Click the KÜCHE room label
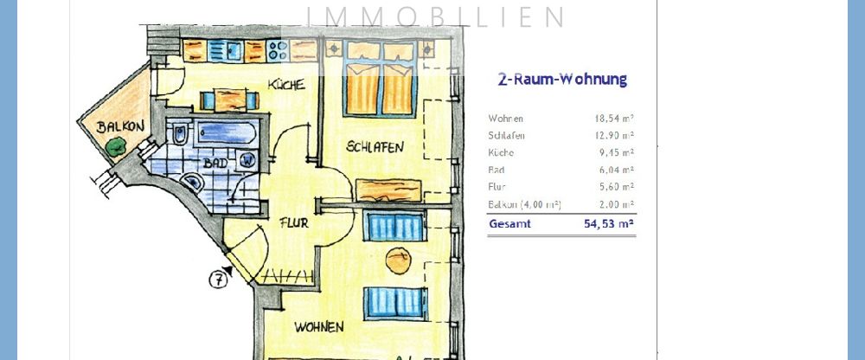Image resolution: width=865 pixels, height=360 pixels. (x=285, y=85)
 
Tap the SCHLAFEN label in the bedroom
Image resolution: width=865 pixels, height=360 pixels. (x=375, y=147)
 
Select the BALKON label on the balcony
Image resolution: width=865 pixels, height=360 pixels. (x=119, y=126)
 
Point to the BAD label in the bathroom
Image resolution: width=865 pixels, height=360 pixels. (x=215, y=162)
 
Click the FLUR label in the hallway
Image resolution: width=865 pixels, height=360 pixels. (x=294, y=222)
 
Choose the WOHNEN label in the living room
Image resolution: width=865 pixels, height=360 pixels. (x=318, y=327)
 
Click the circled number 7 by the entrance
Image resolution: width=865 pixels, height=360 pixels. (x=220, y=279)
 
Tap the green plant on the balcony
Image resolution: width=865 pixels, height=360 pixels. (x=114, y=149)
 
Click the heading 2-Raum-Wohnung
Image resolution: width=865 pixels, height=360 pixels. (x=561, y=80)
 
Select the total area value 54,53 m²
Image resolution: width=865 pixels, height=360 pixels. (x=609, y=224)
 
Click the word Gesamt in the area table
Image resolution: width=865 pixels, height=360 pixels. (x=509, y=224)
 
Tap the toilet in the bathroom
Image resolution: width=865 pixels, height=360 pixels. (x=179, y=137)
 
